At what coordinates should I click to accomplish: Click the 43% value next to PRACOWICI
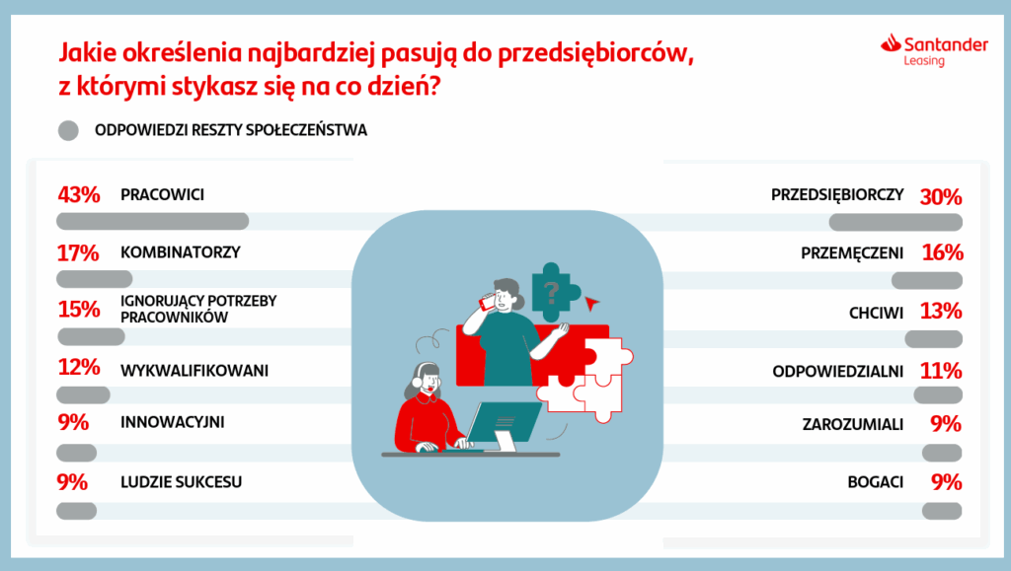click(79, 194)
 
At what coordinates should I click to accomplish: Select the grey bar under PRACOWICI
click(153, 222)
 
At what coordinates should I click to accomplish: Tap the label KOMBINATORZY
click(181, 252)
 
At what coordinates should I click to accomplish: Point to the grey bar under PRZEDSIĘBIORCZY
click(895, 223)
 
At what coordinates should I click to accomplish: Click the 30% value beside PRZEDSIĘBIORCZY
click(941, 196)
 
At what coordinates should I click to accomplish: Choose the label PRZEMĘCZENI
click(852, 253)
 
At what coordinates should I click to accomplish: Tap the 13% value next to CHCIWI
click(941, 312)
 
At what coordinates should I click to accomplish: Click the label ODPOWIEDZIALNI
click(837, 372)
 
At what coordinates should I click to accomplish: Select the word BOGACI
click(876, 482)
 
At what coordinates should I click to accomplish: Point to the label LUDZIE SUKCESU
click(182, 481)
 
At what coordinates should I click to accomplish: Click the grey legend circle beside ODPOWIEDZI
click(68, 131)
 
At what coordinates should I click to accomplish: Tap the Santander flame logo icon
click(891, 42)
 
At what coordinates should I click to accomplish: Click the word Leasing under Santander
click(924, 61)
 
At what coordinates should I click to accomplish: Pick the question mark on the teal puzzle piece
click(551, 292)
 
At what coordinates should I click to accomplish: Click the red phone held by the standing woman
click(486, 301)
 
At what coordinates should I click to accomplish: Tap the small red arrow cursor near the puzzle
click(590, 303)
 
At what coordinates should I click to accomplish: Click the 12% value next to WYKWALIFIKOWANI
click(79, 368)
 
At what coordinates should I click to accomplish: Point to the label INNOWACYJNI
click(173, 422)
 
